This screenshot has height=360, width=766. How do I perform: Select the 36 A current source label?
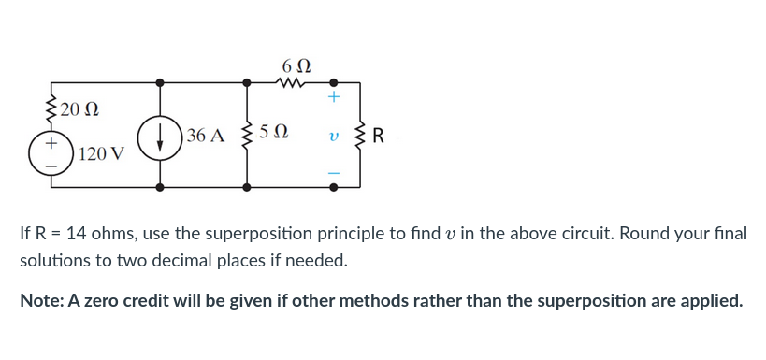(x=205, y=136)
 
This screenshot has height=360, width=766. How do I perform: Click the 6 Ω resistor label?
(x=295, y=65)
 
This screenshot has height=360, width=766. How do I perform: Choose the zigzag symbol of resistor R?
(x=359, y=135)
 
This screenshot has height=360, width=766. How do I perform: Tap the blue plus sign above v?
(x=334, y=97)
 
